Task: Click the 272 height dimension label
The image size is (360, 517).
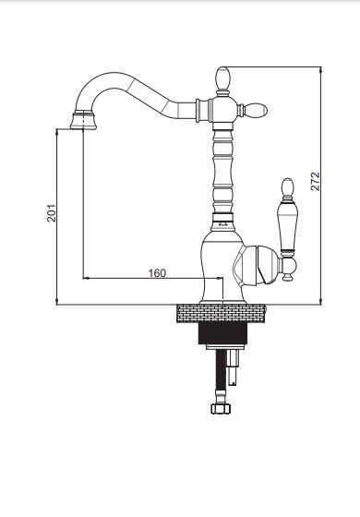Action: point(315,181)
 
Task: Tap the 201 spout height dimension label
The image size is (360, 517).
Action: point(52,212)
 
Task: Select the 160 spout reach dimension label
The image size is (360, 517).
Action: point(157,273)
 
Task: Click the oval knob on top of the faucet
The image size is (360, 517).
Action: point(222,78)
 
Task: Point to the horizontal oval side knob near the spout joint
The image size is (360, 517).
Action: point(256,110)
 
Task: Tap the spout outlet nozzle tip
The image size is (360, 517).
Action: point(83,120)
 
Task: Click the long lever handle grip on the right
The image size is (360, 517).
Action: point(287,228)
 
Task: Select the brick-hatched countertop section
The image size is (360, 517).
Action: point(222,313)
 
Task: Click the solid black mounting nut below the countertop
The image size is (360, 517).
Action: point(222,333)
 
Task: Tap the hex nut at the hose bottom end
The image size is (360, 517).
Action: point(221,408)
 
